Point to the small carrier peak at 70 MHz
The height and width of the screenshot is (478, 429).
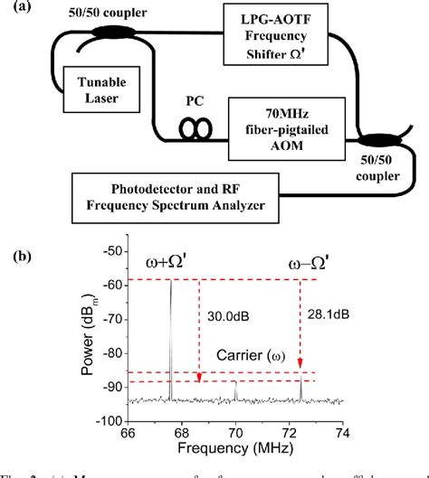coord(235,390)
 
